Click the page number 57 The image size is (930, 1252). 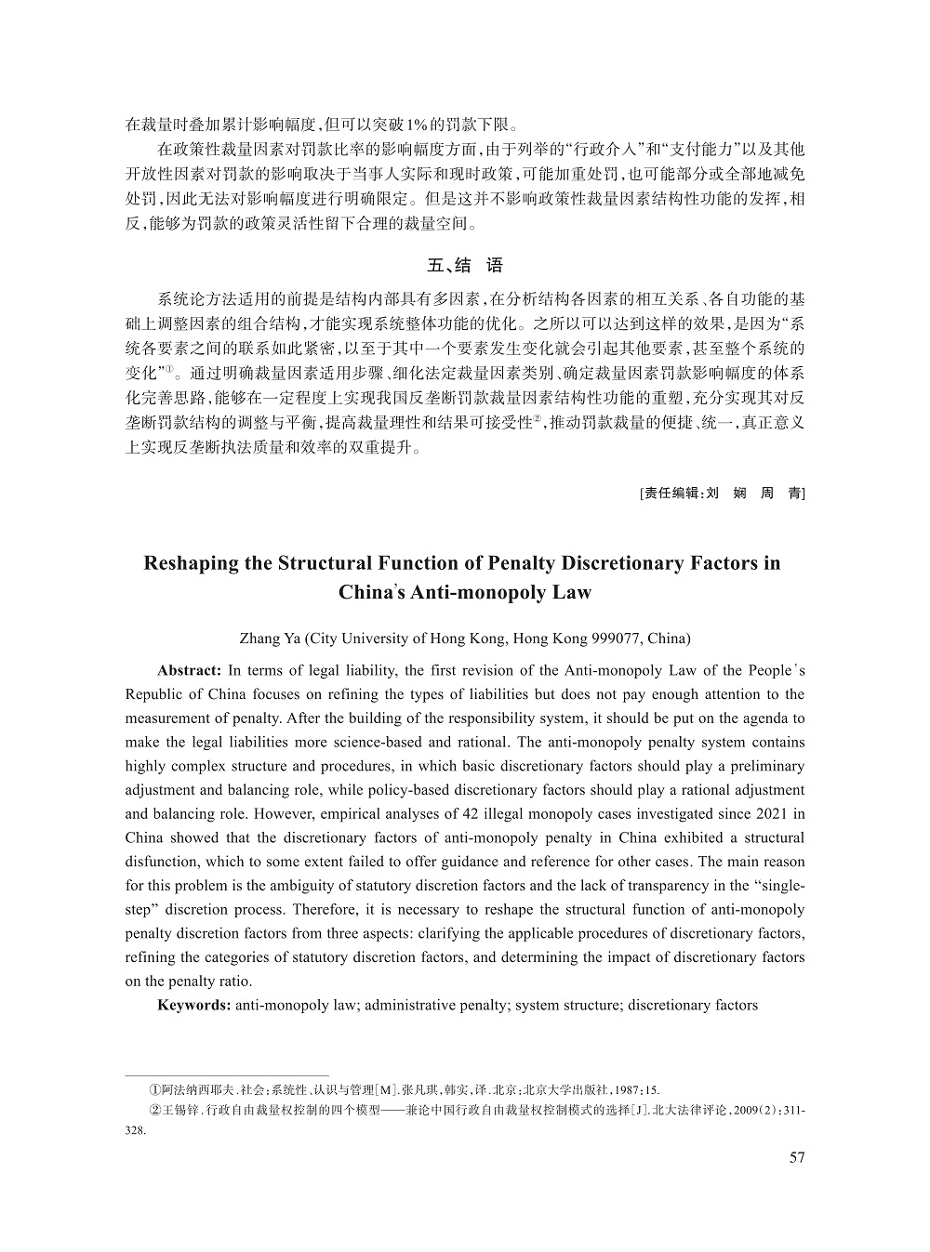pos(796,1157)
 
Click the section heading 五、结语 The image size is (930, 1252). pos(465,266)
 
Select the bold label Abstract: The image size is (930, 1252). pos(189,670)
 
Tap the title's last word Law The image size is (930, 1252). pos(571,593)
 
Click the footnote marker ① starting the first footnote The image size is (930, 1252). pos(155,1089)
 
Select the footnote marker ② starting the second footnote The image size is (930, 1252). pos(155,1110)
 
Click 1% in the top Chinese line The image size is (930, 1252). pos(418,124)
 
